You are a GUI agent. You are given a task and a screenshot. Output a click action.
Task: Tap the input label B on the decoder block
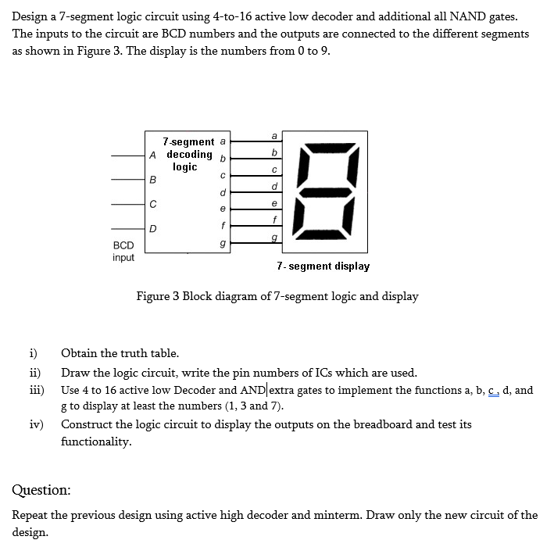[x=153, y=179]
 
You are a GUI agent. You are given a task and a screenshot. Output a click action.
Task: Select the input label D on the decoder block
[x=153, y=229]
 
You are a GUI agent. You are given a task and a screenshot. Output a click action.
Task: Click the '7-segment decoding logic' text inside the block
[x=188, y=154]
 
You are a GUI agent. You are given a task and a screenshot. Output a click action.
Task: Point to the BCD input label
[x=123, y=251]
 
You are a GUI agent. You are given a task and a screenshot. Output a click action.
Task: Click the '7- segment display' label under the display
[x=323, y=266]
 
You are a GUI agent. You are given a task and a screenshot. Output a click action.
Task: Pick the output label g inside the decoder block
[x=223, y=244]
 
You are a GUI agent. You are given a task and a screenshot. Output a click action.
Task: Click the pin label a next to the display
[x=273, y=135]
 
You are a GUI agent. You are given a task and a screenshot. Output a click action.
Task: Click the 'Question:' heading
[x=41, y=490]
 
